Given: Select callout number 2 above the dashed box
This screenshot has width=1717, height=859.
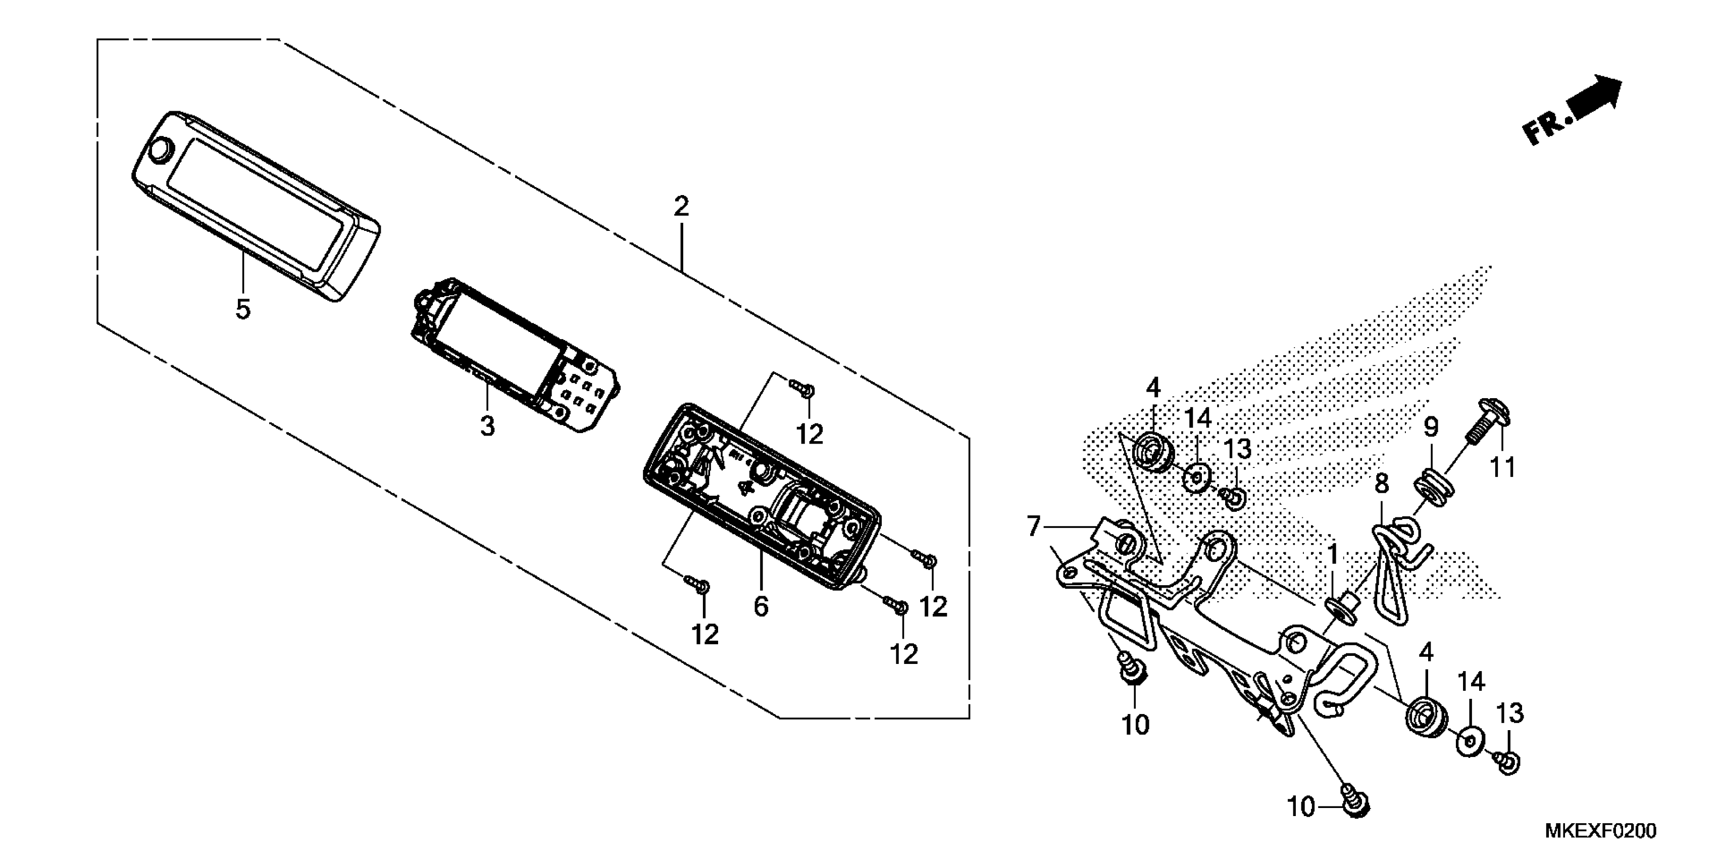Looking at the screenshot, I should pyautogui.click(x=681, y=207).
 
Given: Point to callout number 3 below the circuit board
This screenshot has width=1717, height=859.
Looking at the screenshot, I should pyautogui.click(x=487, y=425).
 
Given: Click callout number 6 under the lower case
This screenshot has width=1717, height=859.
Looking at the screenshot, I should pyautogui.click(x=761, y=606).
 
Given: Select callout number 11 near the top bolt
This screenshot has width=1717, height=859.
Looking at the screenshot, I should pyautogui.click(x=1503, y=467).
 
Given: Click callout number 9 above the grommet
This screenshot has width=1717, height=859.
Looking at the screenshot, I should pyautogui.click(x=1431, y=427).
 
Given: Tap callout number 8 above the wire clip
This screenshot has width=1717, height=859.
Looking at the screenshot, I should pyautogui.click(x=1382, y=484).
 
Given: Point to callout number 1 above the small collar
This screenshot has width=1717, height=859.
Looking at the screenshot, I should pyautogui.click(x=1333, y=553).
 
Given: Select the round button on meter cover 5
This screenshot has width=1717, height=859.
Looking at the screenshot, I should pyautogui.click(x=161, y=151).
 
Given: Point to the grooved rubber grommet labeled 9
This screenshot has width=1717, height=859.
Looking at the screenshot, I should pyautogui.click(x=1432, y=491).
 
